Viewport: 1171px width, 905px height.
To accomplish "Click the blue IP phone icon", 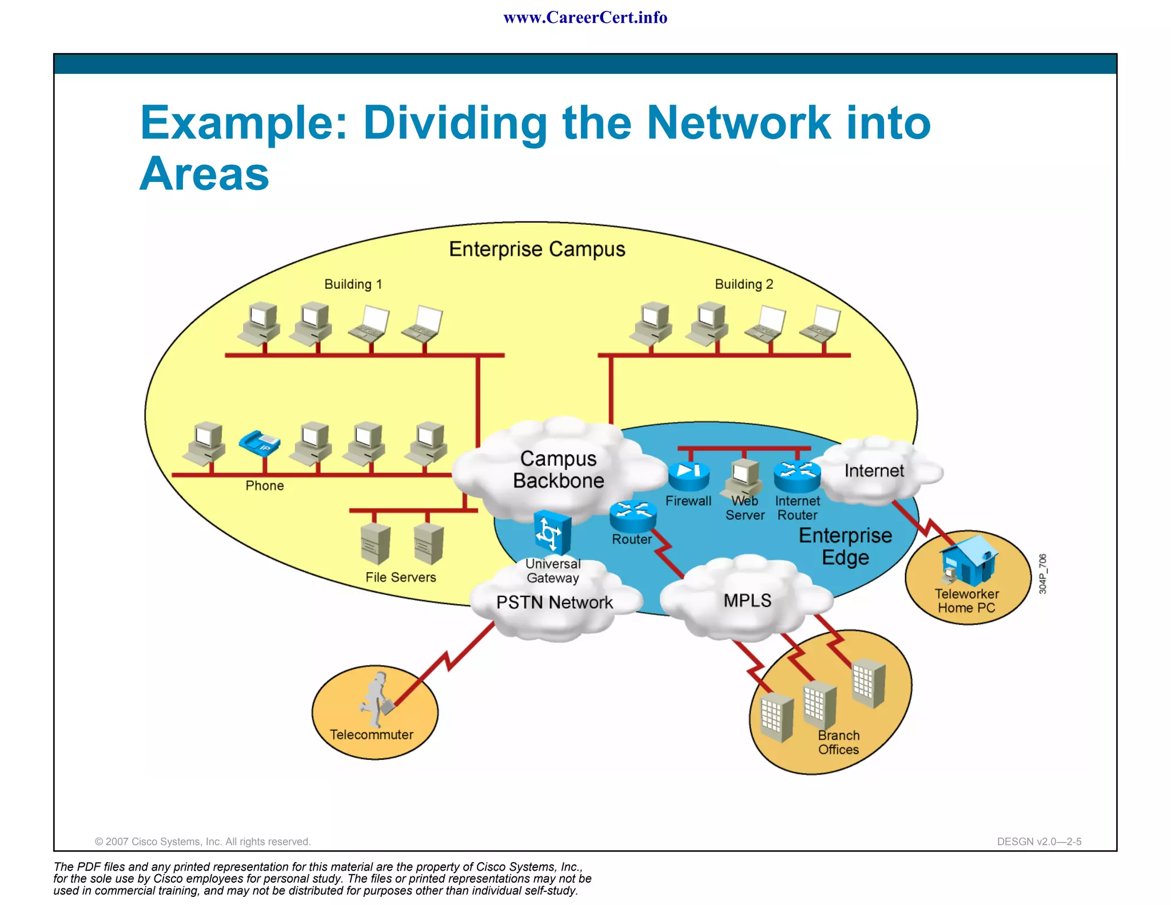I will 260,443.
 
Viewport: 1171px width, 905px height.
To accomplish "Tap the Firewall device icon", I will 688,475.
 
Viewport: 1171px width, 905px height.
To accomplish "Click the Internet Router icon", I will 797,476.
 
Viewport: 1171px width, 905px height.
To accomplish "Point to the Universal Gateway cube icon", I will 552,533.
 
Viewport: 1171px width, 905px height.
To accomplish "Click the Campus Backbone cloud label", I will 558,470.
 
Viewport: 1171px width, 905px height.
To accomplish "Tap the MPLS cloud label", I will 747,601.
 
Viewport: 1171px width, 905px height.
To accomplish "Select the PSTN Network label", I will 554,602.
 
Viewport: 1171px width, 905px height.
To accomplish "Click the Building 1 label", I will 353,284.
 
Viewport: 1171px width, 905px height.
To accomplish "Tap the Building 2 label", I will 744,284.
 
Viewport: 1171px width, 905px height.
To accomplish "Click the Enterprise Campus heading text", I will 537,249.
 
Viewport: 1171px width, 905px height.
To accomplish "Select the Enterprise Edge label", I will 845,546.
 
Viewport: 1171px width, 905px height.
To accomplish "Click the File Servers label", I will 400,577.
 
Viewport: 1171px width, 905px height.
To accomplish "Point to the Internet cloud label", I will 874,471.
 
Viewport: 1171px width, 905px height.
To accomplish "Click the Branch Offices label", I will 838,743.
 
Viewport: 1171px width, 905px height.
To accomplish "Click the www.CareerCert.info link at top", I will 585,18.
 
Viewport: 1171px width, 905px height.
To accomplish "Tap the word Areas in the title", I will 204,174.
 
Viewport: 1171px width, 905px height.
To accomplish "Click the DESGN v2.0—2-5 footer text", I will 1039,842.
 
